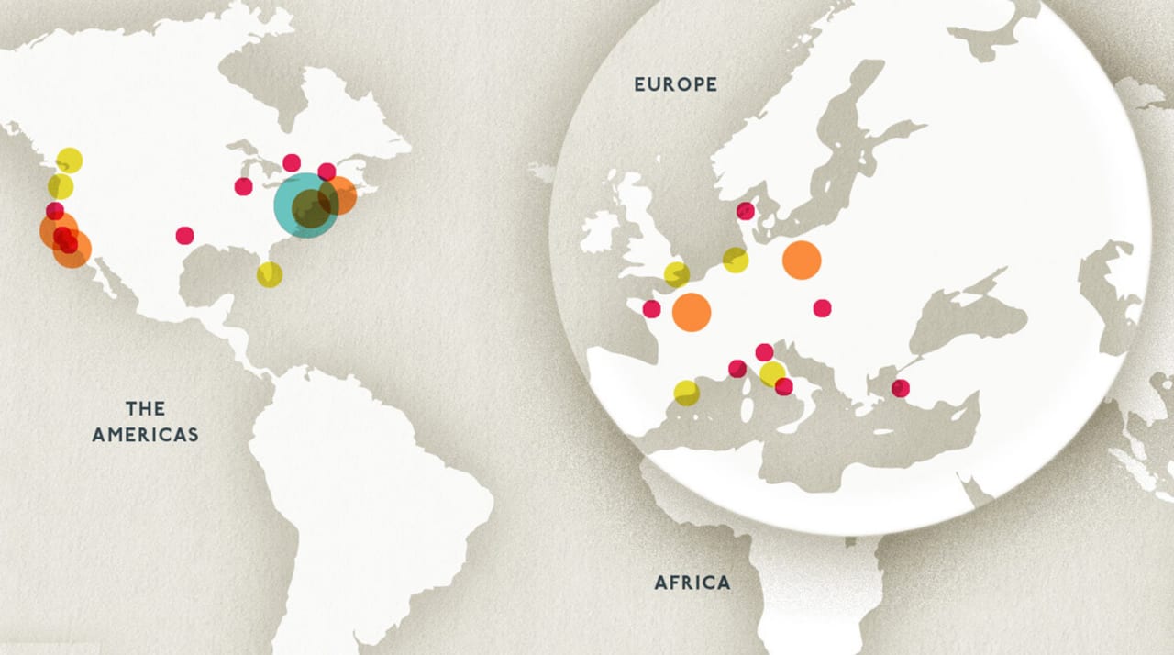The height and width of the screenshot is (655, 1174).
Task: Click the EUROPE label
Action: coord(676,84)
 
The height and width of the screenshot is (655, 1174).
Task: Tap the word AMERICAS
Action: coord(145,435)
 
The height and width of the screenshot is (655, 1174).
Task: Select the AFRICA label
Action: coord(692,583)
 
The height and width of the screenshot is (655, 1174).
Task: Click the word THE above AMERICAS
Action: coord(145,408)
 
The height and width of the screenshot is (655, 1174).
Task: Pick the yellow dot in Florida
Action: coord(270,274)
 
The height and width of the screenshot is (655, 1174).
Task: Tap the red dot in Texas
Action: coord(185,236)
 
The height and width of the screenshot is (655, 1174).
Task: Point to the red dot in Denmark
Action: coord(745,211)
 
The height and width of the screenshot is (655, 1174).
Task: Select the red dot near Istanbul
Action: coord(901,388)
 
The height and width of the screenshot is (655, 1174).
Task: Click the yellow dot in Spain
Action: coord(686,393)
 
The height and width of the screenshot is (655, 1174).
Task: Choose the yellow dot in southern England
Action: coord(676,274)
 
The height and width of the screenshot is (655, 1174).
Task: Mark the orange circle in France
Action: coord(692,312)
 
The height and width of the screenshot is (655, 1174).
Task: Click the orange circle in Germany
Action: coord(802,261)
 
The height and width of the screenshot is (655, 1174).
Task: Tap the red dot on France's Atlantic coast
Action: coord(651,309)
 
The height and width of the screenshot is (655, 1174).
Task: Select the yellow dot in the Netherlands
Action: coord(736,261)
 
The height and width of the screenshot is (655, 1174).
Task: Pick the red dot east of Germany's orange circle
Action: coord(822,308)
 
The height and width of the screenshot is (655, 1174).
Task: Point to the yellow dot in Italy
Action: coord(772,373)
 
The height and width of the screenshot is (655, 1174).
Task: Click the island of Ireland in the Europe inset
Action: coord(600,232)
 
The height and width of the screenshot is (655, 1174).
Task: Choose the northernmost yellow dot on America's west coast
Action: coord(69,161)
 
